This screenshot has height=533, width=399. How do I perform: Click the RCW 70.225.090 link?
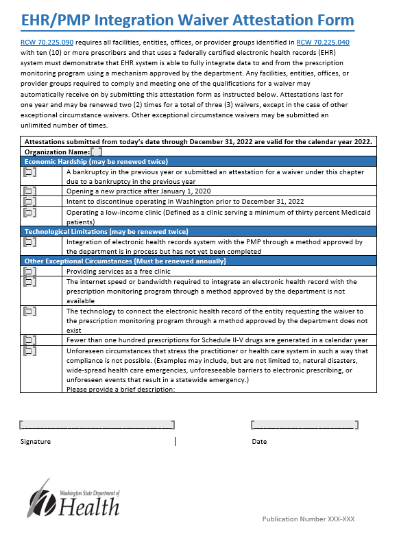[47, 42]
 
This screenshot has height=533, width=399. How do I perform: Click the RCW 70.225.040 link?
[323, 42]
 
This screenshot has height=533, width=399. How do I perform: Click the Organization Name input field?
[97, 152]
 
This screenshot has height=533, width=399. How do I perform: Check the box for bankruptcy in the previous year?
[29, 172]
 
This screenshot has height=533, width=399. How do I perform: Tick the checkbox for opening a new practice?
[29, 191]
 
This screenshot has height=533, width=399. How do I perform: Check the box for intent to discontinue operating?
[29, 202]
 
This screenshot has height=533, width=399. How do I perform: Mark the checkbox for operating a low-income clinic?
[29, 213]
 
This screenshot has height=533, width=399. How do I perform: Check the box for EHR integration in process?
[29, 242]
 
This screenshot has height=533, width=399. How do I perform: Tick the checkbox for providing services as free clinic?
[29, 272]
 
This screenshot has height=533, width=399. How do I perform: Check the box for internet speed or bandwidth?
[29, 282]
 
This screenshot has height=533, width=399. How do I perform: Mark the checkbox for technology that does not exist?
[29, 311]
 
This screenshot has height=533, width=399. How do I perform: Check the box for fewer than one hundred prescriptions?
[29, 340]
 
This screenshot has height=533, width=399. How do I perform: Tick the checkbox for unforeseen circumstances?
[29, 351]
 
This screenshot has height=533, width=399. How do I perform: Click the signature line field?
[97, 425]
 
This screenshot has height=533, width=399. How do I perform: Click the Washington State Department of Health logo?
[76, 499]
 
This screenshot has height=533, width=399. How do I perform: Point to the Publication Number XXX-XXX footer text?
[308, 519]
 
